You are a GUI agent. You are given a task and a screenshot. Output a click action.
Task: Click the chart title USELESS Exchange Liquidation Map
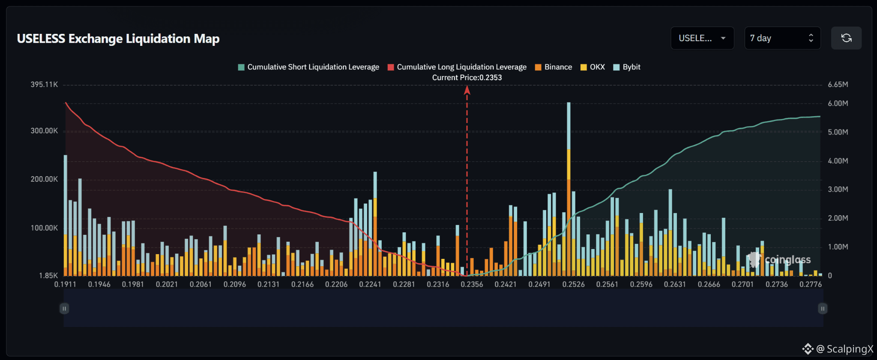click(x=118, y=39)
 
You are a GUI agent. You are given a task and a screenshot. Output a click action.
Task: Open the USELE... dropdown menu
click(x=702, y=38)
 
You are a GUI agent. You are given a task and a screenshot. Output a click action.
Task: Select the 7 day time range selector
click(x=782, y=38)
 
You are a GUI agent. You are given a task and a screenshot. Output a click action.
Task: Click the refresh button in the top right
click(x=846, y=38)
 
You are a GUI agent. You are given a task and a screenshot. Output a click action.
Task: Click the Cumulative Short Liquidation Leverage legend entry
click(x=308, y=67)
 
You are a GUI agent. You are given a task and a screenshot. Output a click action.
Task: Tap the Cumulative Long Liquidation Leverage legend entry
click(x=457, y=67)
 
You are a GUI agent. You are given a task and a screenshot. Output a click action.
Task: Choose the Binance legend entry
click(x=554, y=67)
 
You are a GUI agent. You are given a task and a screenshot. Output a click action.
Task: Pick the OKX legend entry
click(x=593, y=67)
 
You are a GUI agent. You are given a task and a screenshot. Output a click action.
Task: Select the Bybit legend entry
click(x=627, y=67)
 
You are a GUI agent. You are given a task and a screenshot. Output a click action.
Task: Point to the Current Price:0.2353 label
click(x=467, y=78)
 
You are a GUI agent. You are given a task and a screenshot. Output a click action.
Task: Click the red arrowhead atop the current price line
click(x=467, y=90)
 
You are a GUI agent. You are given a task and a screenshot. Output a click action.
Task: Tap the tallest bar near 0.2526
click(x=569, y=189)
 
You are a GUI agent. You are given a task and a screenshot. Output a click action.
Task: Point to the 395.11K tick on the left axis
click(x=44, y=84)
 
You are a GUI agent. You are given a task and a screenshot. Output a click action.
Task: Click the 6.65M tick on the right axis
click(x=838, y=84)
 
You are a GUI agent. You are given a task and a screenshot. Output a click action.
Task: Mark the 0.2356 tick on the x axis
click(x=472, y=284)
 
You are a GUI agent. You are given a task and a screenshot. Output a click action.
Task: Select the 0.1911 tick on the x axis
click(x=65, y=284)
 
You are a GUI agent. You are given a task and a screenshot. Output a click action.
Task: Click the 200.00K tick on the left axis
click(x=44, y=179)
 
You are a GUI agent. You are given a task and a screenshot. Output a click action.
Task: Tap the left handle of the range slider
click(x=64, y=309)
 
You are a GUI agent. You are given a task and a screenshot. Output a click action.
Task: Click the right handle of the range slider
click(x=823, y=309)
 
